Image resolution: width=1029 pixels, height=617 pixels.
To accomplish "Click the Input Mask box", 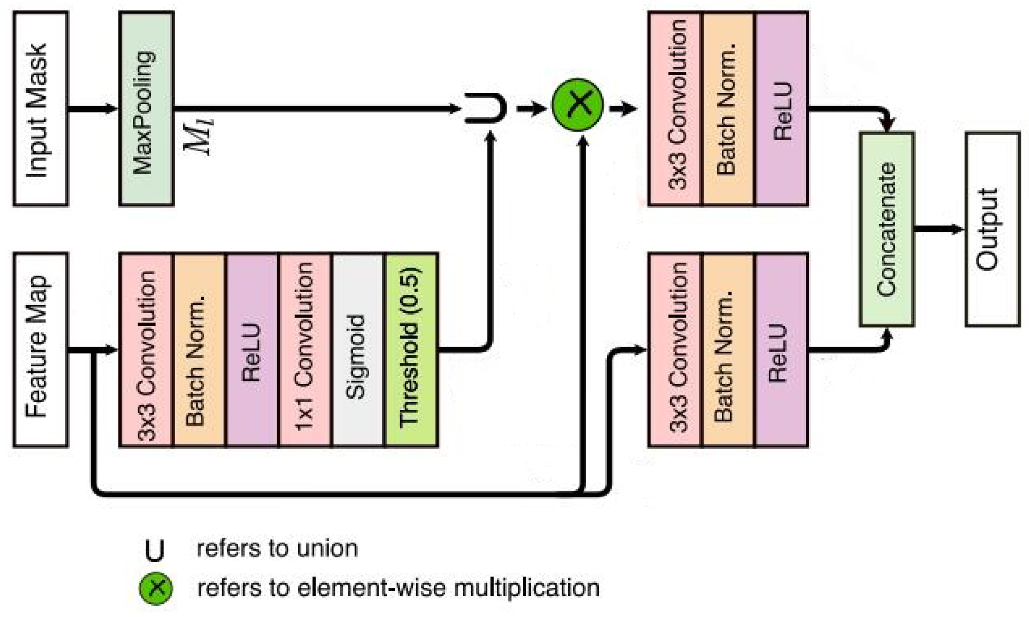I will (x=40, y=109).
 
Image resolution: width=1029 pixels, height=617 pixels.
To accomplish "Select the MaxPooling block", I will (x=147, y=109).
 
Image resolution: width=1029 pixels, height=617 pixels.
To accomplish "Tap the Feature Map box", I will (x=40, y=349).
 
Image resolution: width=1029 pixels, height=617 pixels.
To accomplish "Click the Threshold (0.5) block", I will (x=411, y=349).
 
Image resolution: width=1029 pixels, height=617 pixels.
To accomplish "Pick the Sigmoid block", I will (x=358, y=349).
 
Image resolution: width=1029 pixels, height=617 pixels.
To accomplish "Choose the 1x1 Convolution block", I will (x=305, y=349).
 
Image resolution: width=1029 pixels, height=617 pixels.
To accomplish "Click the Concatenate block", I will (x=887, y=229).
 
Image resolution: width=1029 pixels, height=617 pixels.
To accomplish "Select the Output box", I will (x=992, y=229).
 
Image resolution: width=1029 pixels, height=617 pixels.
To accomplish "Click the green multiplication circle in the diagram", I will (x=577, y=105).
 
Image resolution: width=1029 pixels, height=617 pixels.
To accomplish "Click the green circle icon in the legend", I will (x=156, y=588).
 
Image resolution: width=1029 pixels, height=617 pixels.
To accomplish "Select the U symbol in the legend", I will (x=155, y=550).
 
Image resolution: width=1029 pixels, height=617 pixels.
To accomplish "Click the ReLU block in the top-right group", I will (x=781, y=109).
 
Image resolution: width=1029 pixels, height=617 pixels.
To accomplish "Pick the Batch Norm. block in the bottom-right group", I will (x=727, y=349).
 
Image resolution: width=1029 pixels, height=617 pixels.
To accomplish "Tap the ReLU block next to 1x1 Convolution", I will (x=252, y=349).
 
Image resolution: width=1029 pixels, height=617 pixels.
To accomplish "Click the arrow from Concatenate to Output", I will (x=938, y=229).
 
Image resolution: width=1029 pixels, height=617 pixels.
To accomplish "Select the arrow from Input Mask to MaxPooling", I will (x=93, y=109).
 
